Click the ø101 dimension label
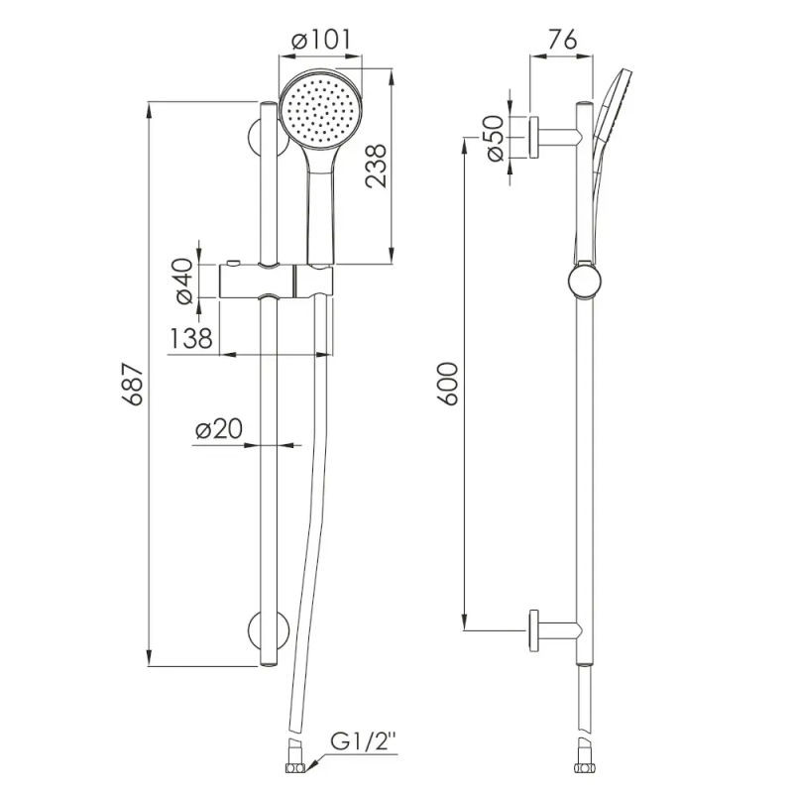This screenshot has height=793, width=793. coord(320,40)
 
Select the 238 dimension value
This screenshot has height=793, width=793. coord(377,167)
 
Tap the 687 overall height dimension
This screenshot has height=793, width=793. coord(133,384)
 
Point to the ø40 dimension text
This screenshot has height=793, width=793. coord(185,281)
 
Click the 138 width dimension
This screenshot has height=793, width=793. coord(190,338)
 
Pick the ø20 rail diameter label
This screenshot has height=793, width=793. coord(219,429)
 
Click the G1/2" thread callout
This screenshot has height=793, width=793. coord(364,742)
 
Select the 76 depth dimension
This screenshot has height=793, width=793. coord(561,40)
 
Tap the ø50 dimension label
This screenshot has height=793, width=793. coord(496,139)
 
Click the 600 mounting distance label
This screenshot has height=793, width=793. coord(448,384)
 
